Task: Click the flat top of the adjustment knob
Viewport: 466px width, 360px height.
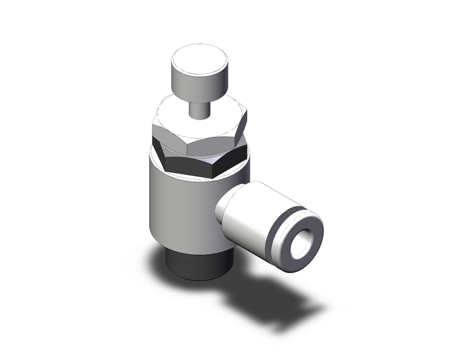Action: click(199, 58)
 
